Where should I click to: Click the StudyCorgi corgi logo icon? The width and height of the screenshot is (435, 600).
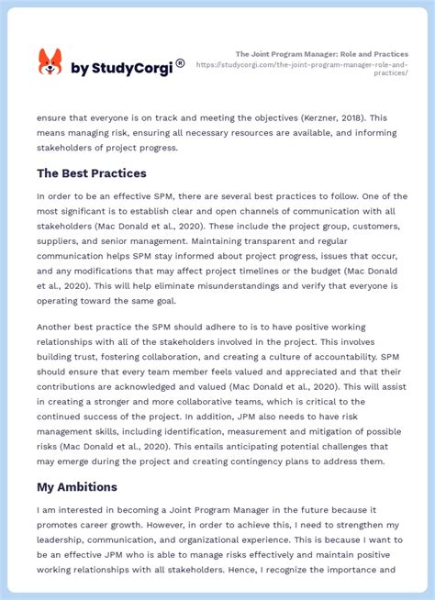pos(50,62)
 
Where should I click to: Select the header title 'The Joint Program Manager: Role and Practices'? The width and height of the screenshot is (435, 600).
pos(322,54)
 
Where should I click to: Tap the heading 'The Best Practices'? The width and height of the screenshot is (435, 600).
pos(92,173)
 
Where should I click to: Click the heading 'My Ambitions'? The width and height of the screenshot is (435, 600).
pos(76,488)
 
